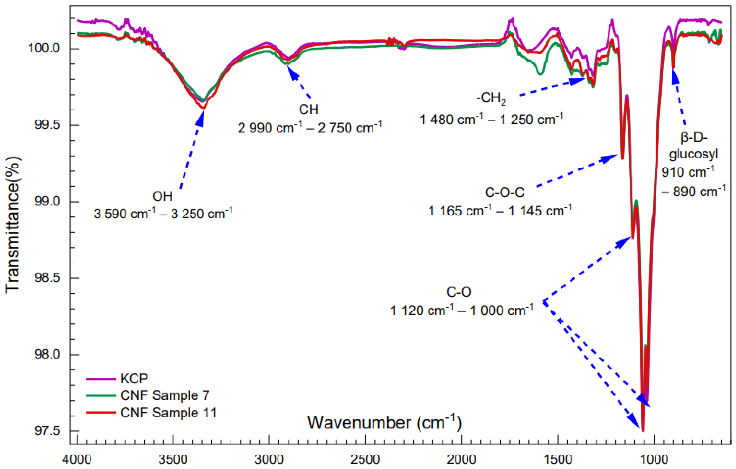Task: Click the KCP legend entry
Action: click(134, 378)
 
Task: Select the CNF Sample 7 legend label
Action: click(165, 395)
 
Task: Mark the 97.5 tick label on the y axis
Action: click(46, 431)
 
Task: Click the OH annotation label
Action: click(162, 196)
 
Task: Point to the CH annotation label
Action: click(308, 109)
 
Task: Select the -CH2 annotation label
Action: click(491, 99)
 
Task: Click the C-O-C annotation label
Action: click(505, 192)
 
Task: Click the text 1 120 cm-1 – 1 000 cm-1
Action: click(462, 310)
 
